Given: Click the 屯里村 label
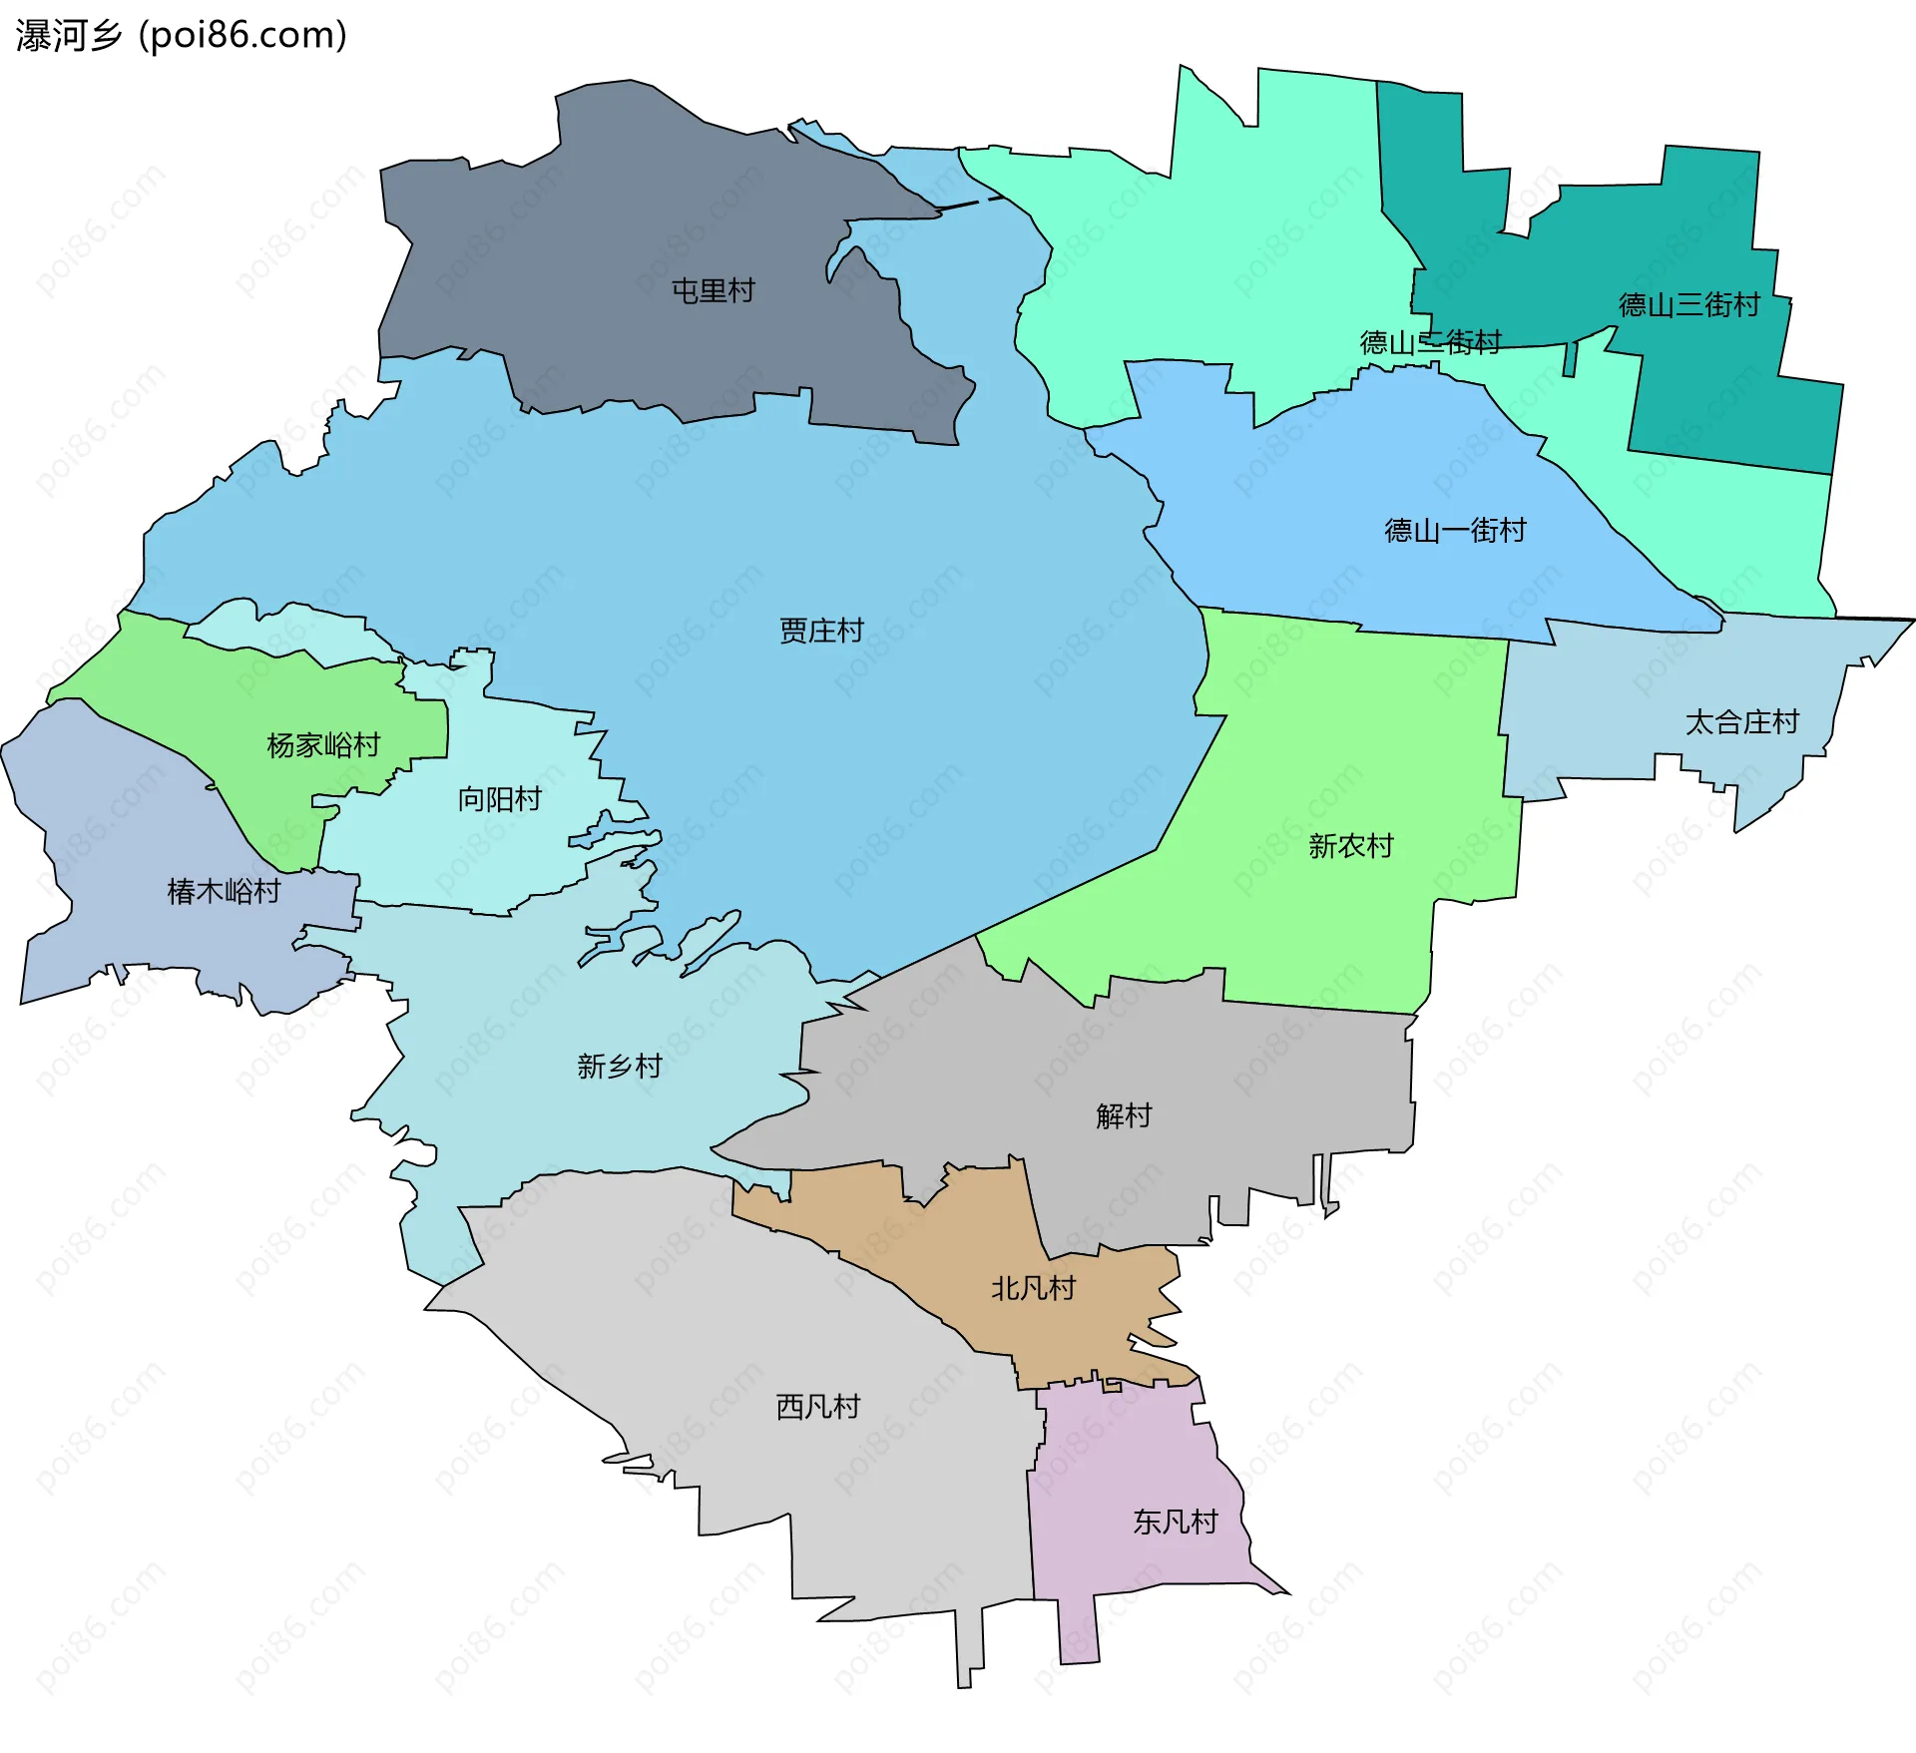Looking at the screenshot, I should pyautogui.click(x=713, y=291).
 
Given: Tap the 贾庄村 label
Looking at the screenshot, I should pyautogui.click(x=820, y=631).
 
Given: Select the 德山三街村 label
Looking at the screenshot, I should pyautogui.click(x=1688, y=304).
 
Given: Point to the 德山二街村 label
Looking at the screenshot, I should pyautogui.click(x=1430, y=342).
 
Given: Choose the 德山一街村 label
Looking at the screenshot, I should pyautogui.click(x=1455, y=530).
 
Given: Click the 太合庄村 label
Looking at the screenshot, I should pyautogui.click(x=1741, y=721).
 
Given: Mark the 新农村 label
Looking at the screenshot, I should pyautogui.click(x=1350, y=846).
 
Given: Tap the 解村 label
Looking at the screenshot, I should pyautogui.click(x=1124, y=1115).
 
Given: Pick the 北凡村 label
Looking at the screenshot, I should pyautogui.click(x=1033, y=1288).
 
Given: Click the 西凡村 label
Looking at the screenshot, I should pyautogui.click(x=818, y=1407).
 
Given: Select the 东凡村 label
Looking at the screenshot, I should pyautogui.click(x=1175, y=1522).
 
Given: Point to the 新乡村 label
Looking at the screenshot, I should pyautogui.click(x=619, y=1067).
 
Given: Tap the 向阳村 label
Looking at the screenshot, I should pyautogui.click(x=499, y=799).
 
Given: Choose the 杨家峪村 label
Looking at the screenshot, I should pyautogui.click(x=323, y=745).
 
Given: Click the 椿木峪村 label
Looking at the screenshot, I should pyautogui.click(x=224, y=891).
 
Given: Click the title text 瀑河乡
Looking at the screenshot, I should pyautogui.click(x=68, y=36).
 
